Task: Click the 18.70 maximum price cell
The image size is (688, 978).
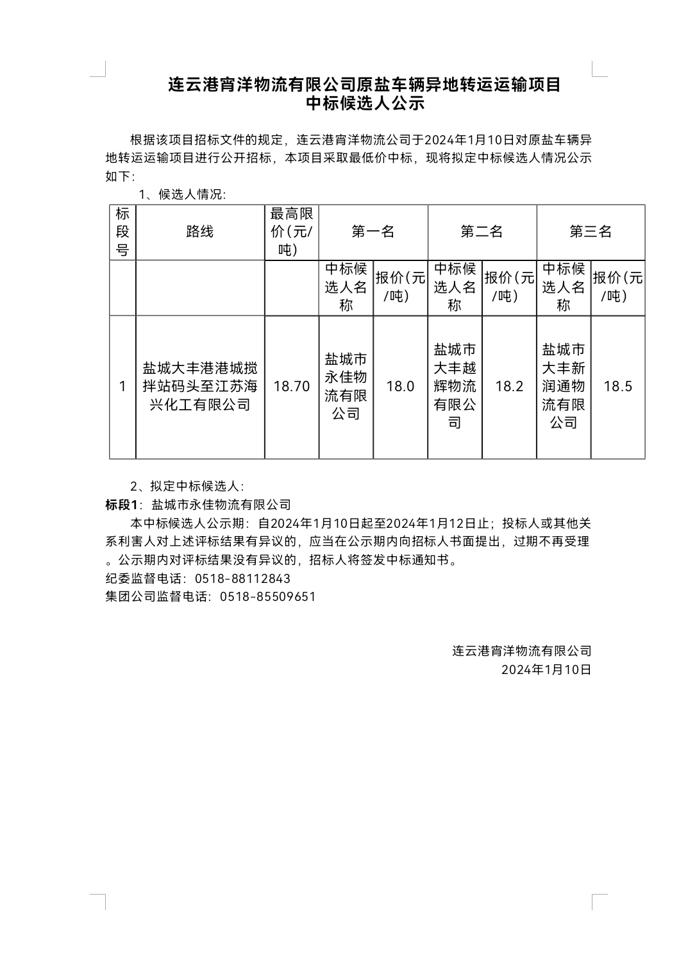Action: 291,386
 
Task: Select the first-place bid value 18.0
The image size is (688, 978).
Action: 400,386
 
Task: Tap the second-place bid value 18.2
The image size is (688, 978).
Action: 509,386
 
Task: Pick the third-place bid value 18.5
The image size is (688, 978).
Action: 617,386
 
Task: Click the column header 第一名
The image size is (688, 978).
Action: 373,232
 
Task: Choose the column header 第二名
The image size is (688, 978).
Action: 482,232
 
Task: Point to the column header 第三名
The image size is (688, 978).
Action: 591,232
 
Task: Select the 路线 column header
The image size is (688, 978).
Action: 199,232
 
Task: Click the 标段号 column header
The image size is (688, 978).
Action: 122,232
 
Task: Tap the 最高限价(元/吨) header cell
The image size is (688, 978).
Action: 291,232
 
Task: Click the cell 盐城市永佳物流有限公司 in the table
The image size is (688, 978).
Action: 346,386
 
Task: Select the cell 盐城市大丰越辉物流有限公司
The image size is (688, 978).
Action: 455,386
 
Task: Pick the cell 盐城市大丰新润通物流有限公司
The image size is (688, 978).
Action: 563,386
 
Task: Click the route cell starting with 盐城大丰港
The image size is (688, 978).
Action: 199,386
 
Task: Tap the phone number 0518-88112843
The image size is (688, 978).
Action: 242,578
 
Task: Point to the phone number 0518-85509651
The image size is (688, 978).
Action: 267,596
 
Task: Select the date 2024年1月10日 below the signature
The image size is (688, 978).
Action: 546,670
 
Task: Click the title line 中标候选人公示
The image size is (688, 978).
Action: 365,103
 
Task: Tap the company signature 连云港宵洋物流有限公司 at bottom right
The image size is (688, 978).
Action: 521,651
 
